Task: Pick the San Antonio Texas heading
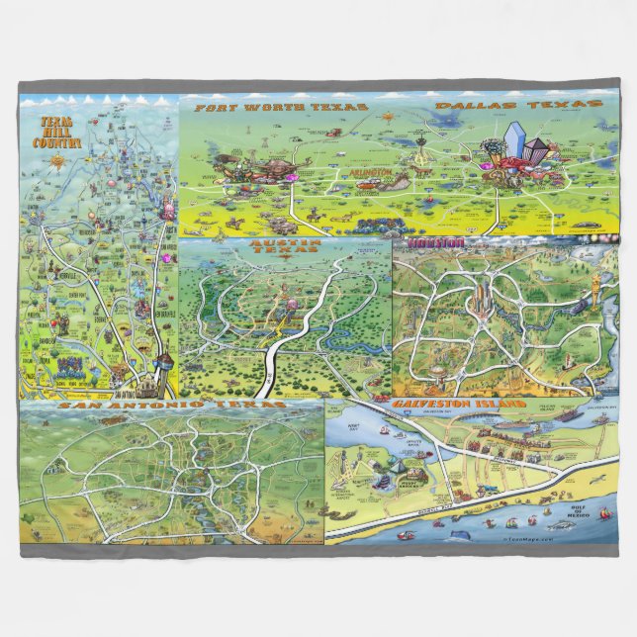(172, 406)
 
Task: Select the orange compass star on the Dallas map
(388, 118)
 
